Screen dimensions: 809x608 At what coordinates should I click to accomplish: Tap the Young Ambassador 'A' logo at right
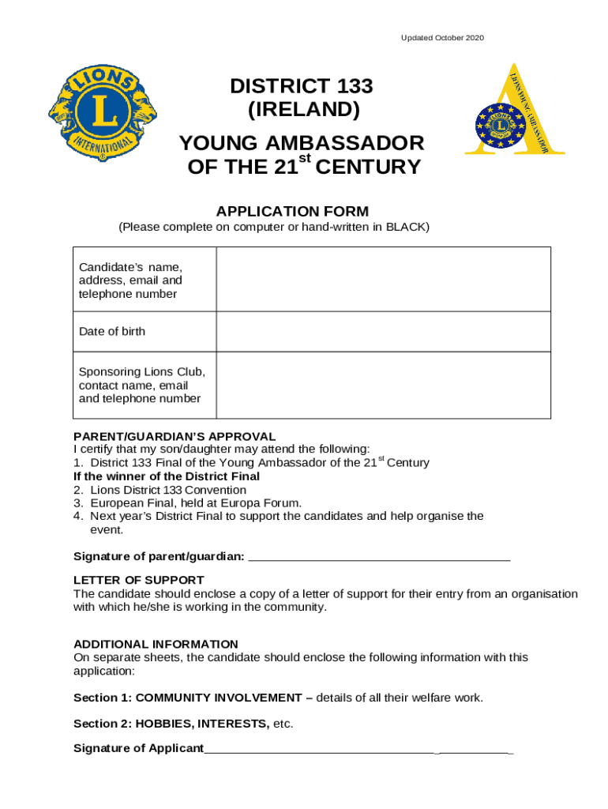click(x=514, y=111)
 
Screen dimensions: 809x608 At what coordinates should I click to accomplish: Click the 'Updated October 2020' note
click(x=442, y=38)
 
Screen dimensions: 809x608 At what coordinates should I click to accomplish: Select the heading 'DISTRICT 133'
click(x=301, y=86)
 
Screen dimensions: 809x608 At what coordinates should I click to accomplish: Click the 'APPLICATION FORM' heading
click(x=292, y=211)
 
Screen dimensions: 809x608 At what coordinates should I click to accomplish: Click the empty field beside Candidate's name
click(x=383, y=279)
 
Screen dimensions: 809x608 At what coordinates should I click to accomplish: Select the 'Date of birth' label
click(x=112, y=332)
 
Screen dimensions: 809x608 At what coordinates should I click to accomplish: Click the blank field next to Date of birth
click(x=383, y=332)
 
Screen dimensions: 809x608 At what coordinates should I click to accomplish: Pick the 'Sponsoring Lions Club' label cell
click(x=142, y=385)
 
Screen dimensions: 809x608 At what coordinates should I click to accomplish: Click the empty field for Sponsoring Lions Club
click(x=383, y=385)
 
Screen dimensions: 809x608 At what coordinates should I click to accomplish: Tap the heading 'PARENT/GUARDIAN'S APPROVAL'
click(x=175, y=436)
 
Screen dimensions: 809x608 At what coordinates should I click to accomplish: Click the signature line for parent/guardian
click(x=379, y=557)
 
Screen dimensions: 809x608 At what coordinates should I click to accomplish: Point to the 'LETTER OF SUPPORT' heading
click(x=139, y=580)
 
